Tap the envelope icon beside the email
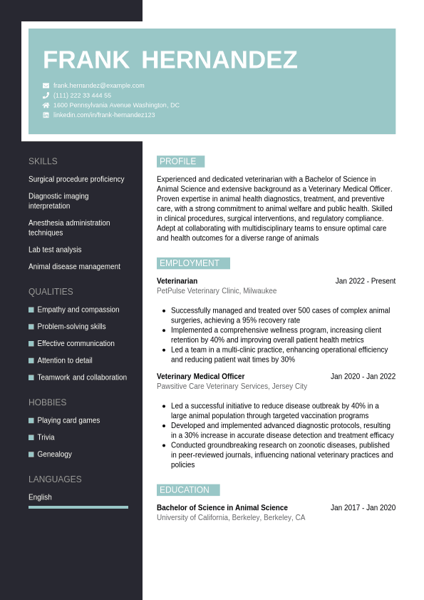tap(46, 86)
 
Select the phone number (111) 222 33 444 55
tap(82, 95)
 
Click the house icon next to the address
tap(46, 105)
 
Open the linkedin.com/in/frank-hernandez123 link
tap(104, 115)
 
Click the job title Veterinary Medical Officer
tap(200, 377)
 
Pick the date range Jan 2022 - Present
tap(365, 281)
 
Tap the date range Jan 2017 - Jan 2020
tap(363, 508)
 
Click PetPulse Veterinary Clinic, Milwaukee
tap(217, 291)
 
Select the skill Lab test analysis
tap(55, 250)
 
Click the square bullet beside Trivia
tap(31, 437)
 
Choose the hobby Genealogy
tap(54, 454)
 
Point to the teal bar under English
tap(78, 507)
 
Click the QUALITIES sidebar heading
tap(51, 292)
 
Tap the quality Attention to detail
tap(65, 360)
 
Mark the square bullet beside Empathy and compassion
tap(31, 310)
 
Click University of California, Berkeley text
tap(231, 518)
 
